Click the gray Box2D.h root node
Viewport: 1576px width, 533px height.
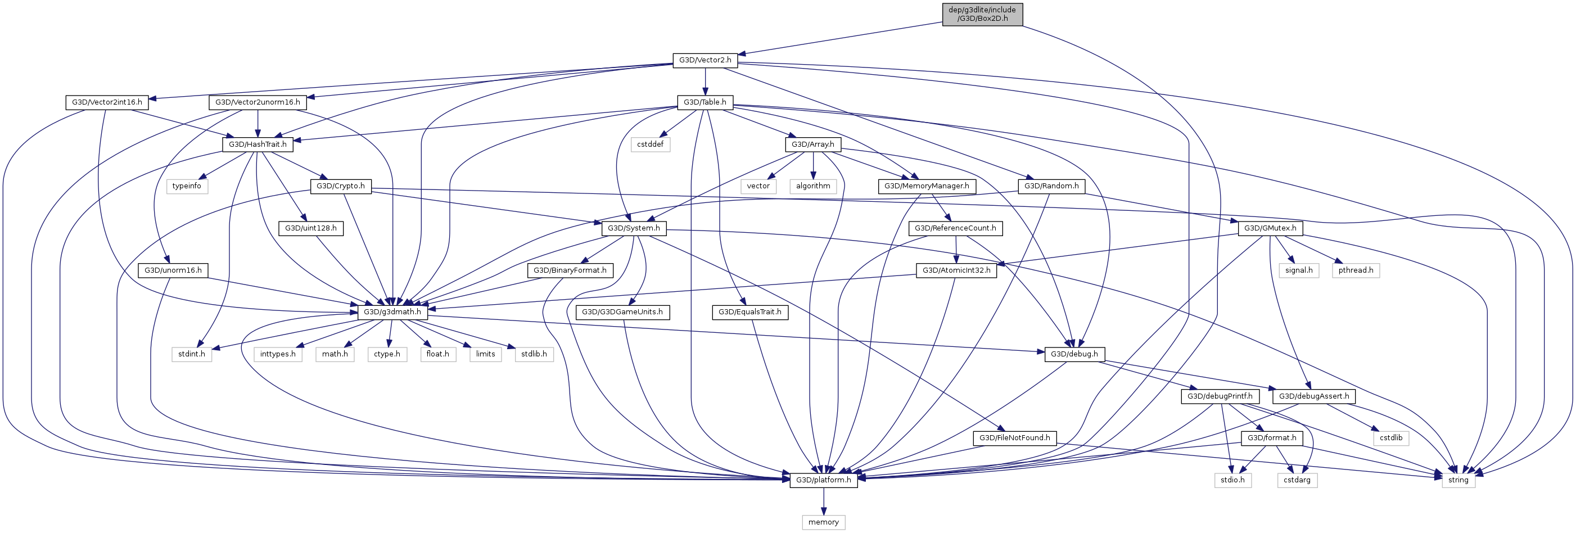click(982, 14)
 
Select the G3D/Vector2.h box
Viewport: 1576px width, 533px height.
click(705, 60)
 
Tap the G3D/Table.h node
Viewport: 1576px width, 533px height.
click(705, 102)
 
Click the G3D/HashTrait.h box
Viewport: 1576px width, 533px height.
click(258, 144)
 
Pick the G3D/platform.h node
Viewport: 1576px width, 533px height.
click(824, 480)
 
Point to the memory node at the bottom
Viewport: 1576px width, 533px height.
click(824, 522)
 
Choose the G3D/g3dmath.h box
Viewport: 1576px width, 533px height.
click(392, 312)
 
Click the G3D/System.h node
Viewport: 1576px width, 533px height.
click(633, 228)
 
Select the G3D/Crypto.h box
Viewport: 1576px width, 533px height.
click(340, 186)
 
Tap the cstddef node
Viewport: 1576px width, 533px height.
click(650, 144)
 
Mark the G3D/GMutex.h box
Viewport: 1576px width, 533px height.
click(1270, 228)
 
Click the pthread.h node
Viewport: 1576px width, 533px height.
click(1355, 270)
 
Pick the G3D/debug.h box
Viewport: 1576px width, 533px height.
click(1074, 354)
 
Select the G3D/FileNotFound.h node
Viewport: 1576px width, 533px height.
click(1014, 438)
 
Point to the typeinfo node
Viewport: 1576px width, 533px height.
click(187, 186)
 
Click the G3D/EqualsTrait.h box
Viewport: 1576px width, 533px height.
click(749, 312)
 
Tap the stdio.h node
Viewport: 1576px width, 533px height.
click(1232, 480)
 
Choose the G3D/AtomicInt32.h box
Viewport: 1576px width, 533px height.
click(956, 270)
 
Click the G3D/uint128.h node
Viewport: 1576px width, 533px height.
click(311, 228)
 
